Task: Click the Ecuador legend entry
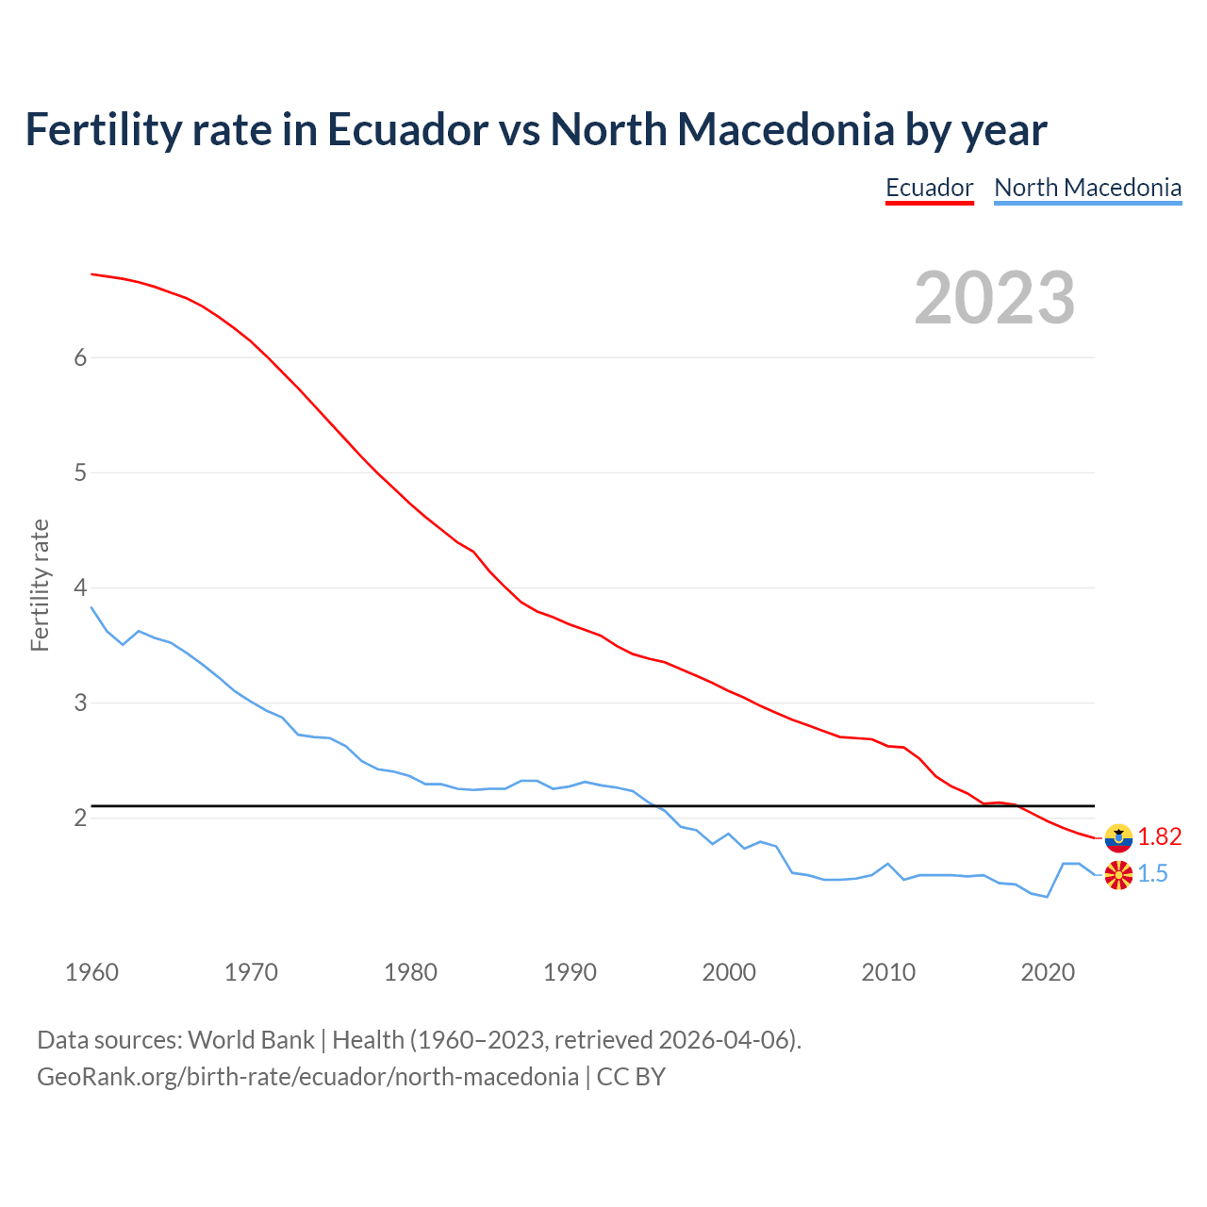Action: coord(929,188)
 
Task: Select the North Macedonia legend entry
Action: coord(1087,188)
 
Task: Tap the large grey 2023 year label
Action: coord(994,298)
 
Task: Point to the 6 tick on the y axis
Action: coord(80,357)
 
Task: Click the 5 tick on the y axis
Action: coord(80,472)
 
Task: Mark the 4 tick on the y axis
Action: coord(80,587)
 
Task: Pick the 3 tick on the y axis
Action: coord(80,703)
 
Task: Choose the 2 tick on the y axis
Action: coord(80,818)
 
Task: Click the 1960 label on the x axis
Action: coord(91,972)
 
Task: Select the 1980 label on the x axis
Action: coord(410,972)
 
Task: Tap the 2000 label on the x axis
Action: coord(729,972)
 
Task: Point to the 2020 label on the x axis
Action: coord(1048,972)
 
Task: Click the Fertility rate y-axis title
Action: coord(40,585)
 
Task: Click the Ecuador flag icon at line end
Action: coord(1118,837)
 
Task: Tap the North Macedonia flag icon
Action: coord(1118,875)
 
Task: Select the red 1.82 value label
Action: coord(1159,837)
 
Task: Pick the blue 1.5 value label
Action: coord(1152,874)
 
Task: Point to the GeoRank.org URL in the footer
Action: coord(307,1077)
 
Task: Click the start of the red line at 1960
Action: coord(92,274)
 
